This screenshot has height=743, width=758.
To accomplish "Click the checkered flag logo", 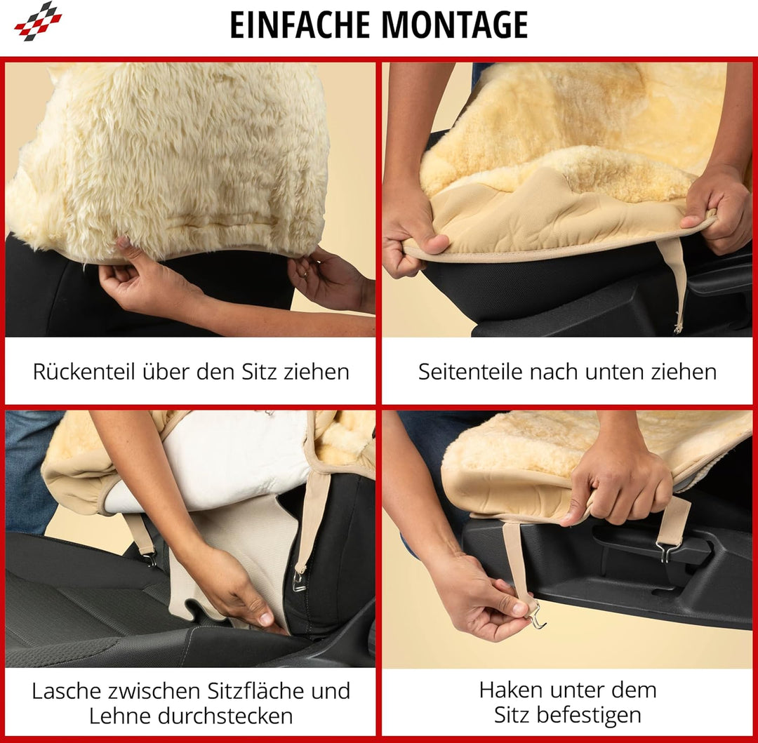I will click(x=38, y=20).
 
